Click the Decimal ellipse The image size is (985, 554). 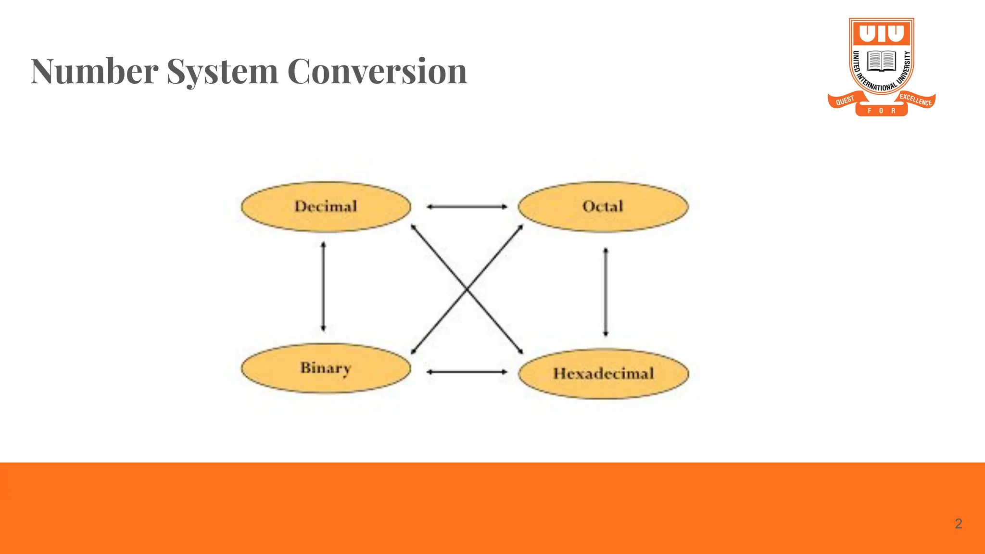coord(326,207)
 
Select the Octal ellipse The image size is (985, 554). coord(603,207)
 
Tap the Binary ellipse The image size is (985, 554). coord(326,368)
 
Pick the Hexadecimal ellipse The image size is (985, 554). coord(603,374)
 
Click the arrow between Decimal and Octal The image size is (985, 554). coord(467,207)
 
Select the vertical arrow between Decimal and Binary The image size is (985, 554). coord(323,287)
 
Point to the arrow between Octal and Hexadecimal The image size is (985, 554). coord(606,292)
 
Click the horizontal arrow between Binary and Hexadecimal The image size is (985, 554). coord(467,372)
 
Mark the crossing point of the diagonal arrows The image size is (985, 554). coord(467,290)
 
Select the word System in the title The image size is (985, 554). coord(222,71)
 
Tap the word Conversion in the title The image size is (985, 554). coord(377,71)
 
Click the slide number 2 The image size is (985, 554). coord(958,524)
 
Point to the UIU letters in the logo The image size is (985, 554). coord(882,34)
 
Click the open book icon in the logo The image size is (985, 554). coord(882,61)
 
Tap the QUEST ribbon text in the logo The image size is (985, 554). coord(845,100)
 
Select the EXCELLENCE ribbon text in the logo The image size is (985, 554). coord(916,100)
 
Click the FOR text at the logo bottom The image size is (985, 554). coord(881,111)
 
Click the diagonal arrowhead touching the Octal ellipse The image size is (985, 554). coord(520,227)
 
